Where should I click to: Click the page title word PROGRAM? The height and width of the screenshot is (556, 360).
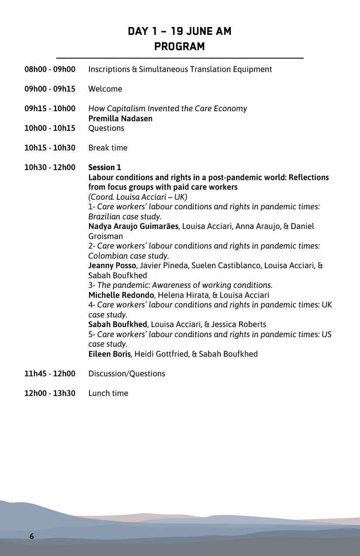click(179, 47)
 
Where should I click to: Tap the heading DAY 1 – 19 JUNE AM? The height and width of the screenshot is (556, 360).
click(179, 31)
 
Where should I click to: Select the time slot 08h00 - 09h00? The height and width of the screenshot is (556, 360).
click(50, 69)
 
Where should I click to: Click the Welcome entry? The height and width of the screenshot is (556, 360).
click(105, 89)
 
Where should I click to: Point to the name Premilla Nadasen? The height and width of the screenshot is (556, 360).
click(120, 119)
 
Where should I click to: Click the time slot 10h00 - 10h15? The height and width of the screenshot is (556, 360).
click(50, 128)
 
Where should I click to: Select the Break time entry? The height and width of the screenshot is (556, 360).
click(108, 148)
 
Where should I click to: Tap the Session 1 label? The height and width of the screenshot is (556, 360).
click(105, 167)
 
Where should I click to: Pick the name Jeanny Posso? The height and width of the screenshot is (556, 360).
click(112, 266)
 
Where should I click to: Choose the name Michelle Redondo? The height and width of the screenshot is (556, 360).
click(121, 295)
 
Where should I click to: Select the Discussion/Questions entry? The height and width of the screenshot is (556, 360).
click(127, 374)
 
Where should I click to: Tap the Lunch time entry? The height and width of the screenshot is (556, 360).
click(108, 393)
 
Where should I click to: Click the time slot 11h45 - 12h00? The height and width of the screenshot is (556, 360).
click(50, 374)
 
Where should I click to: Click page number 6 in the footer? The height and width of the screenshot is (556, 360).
click(31, 536)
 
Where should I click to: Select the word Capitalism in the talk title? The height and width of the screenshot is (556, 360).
click(124, 109)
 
